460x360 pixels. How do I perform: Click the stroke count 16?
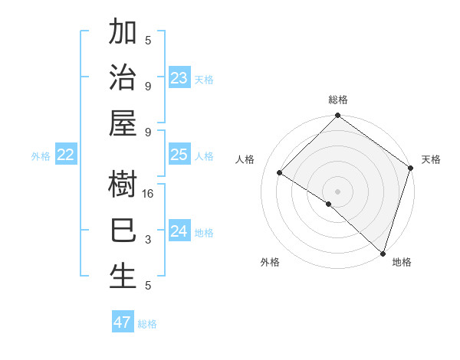point(148,195)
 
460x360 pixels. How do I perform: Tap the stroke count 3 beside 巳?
point(148,240)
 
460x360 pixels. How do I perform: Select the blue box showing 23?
point(179,78)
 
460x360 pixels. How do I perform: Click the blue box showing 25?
point(179,155)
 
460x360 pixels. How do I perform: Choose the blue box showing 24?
point(179,231)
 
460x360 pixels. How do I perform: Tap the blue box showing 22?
point(66,155)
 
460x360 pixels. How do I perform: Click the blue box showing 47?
point(123,322)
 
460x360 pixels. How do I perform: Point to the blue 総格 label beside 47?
point(147,324)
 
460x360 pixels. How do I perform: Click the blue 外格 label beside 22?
point(41,156)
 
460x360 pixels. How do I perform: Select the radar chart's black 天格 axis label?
point(431,159)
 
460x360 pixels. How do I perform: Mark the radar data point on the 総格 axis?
point(337,116)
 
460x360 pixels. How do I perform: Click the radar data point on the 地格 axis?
point(382,252)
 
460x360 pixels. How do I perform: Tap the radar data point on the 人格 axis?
point(280,173)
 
